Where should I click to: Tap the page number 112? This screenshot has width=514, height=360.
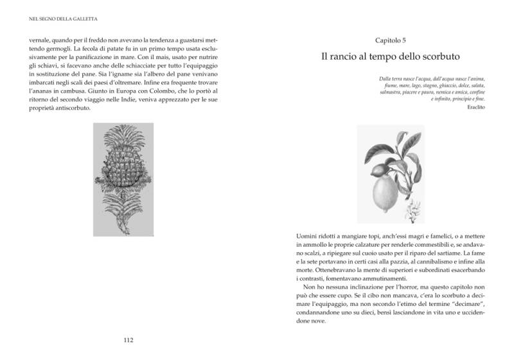tap(127, 340)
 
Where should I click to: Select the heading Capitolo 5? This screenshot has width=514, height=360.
tap(390, 40)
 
